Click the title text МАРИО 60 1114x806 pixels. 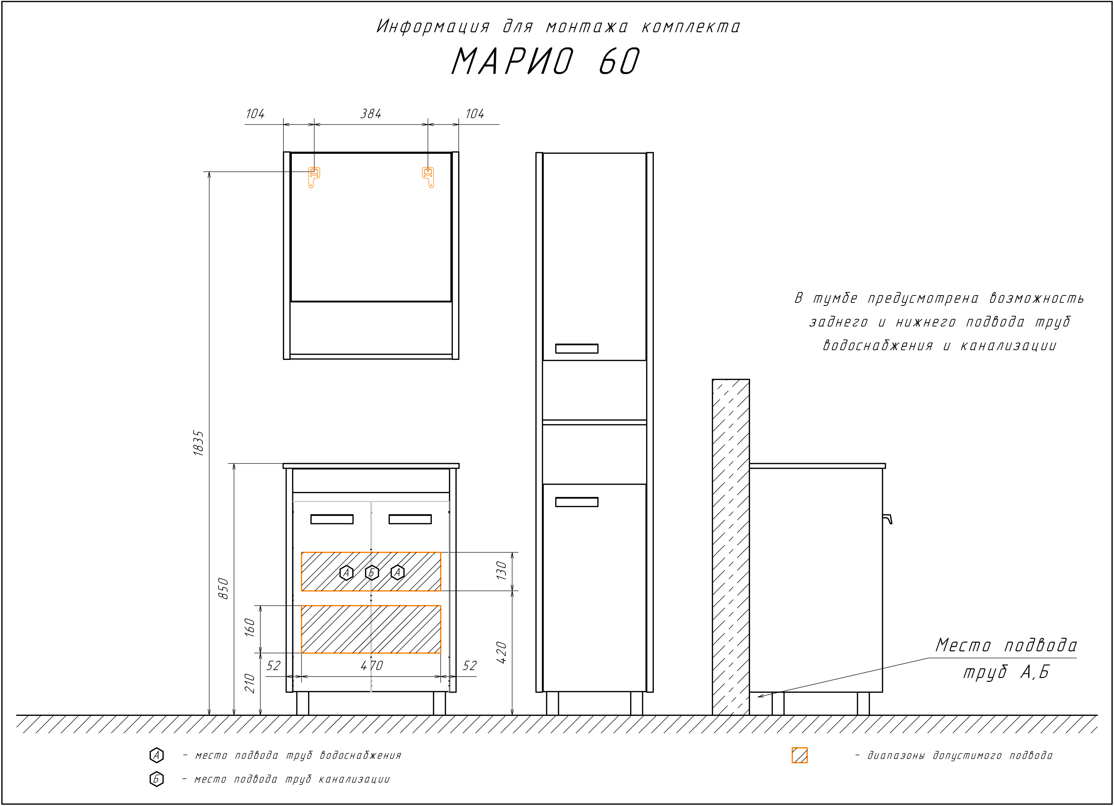click(x=545, y=61)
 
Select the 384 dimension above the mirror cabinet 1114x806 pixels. click(x=371, y=114)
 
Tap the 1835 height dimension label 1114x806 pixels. click(x=199, y=443)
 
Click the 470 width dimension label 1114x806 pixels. click(x=372, y=666)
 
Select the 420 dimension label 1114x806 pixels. click(x=501, y=653)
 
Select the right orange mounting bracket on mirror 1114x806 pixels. click(x=428, y=177)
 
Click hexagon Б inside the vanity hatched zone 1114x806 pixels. click(x=372, y=573)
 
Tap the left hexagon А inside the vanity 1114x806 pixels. click(x=346, y=573)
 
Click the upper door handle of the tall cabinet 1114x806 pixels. click(x=576, y=349)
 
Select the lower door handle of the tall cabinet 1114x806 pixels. click(x=576, y=502)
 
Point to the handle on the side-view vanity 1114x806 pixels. click(x=887, y=519)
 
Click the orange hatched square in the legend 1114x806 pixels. click(x=800, y=755)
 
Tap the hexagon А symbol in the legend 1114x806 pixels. click(x=156, y=755)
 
